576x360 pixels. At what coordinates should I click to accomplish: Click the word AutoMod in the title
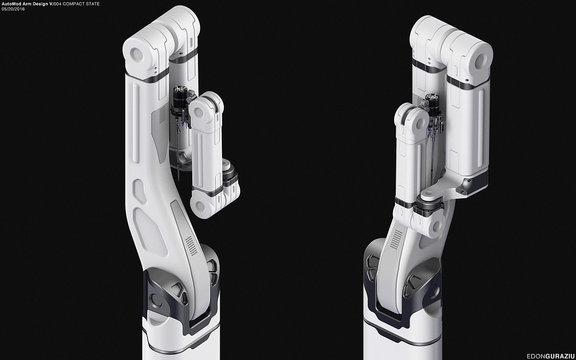pos(12,4)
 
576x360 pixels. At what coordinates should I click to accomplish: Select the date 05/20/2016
pos(13,9)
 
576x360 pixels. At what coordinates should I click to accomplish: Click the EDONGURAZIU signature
pos(550,356)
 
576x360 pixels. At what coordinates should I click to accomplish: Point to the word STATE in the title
pos(92,4)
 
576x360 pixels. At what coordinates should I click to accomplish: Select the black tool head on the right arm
pos(434,105)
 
